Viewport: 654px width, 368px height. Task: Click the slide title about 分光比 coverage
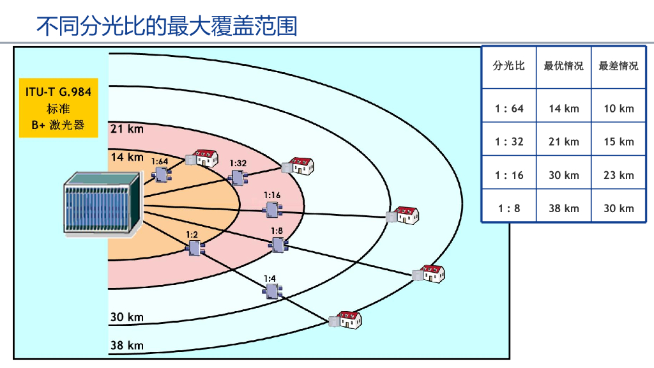point(167,26)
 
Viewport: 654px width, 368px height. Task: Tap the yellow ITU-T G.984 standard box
point(58,108)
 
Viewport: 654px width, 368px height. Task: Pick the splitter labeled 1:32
point(238,177)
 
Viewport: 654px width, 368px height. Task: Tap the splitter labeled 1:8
point(278,245)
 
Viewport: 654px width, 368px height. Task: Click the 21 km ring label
point(126,129)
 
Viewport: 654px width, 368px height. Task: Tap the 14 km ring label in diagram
point(126,157)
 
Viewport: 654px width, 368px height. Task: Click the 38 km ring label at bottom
point(126,346)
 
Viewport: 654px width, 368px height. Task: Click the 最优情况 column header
point(563,66)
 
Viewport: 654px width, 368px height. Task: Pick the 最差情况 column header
point(618,66)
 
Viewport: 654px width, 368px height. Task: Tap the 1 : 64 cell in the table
point(509,109)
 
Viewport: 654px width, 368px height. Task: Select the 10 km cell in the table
point(618,109)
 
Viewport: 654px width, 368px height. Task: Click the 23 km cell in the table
point(618,175)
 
